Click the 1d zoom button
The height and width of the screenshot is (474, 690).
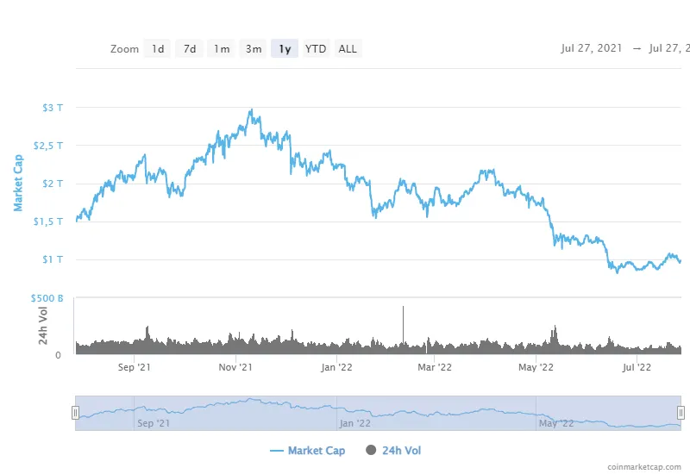click(x=158, y=49)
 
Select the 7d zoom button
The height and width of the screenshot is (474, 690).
click(x=190, y=49)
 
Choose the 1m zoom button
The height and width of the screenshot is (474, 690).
click(x=222, y=49)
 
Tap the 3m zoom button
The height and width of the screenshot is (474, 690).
click(x=254, y=49)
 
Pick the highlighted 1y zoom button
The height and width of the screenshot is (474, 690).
click(x=285, y=49)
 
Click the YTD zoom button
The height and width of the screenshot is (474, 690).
click(x=316, y=49)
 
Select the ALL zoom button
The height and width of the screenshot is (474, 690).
click(x=348, y=49)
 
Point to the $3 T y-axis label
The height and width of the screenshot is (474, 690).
click(x=53, y=108)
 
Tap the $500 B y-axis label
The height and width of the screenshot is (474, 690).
click(x=49, y=298)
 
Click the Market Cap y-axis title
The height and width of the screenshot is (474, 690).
click(x=17, y=183)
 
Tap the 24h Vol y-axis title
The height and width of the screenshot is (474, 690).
click(x=42, y=325)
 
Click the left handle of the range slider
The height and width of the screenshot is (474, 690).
click(x=76, y=413)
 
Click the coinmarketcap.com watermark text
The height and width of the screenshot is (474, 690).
click(x=643, y=466)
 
